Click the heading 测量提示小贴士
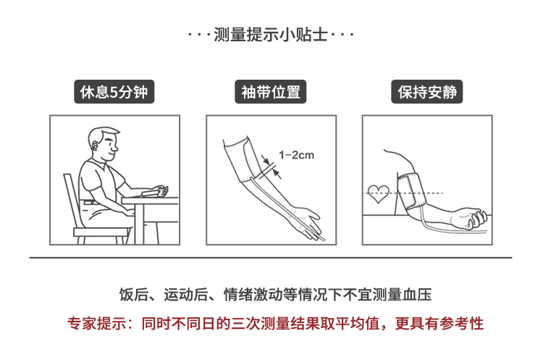tap(271, 35)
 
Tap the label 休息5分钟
tap(114, 92)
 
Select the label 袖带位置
tap(271, 92)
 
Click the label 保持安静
tap(427, 92)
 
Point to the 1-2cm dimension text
tap(296, 155)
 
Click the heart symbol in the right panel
tap(378, 194)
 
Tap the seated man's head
tap(103, 144)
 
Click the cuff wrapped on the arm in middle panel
tap(243, 160)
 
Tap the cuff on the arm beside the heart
tap(411, 191)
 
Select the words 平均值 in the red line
tap(358, 324)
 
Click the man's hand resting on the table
tap(161, 191)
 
